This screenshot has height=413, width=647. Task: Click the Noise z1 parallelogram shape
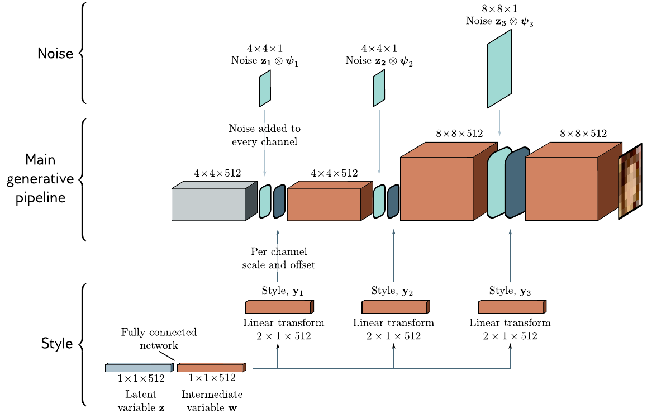click(x=265, y=89)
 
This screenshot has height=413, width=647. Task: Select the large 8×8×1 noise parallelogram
click(x=499, y=69)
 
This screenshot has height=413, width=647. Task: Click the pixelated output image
click(x=630, y=181)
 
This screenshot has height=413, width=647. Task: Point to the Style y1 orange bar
click(x=280, y=307)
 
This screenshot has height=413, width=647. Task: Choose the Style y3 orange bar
click(x=512, y=307)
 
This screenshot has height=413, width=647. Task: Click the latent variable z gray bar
click(x=140, y=367)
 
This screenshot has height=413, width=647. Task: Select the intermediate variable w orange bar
click(x=212, y=367)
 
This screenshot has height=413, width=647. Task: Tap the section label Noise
click(x=55, y=53)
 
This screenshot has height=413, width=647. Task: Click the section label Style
click(x=57, y=343)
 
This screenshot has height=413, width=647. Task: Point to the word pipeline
click(x=40, y=198)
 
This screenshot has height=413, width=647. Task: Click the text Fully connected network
click(x=159, y=339)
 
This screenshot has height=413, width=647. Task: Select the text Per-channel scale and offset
click(x=279, y=258)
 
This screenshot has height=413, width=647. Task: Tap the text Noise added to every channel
click(x=264, y=135)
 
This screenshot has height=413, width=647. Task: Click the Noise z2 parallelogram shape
click(x=379, y=88)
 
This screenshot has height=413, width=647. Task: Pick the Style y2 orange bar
click(x=396, y=307)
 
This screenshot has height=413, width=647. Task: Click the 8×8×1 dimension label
click(x=499, y=8)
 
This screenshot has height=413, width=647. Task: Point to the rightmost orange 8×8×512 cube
click(x=574, y=181)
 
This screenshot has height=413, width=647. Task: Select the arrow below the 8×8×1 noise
click(x=499, y=122)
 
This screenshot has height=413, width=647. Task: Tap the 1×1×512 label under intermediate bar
click(x=212, y=378)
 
